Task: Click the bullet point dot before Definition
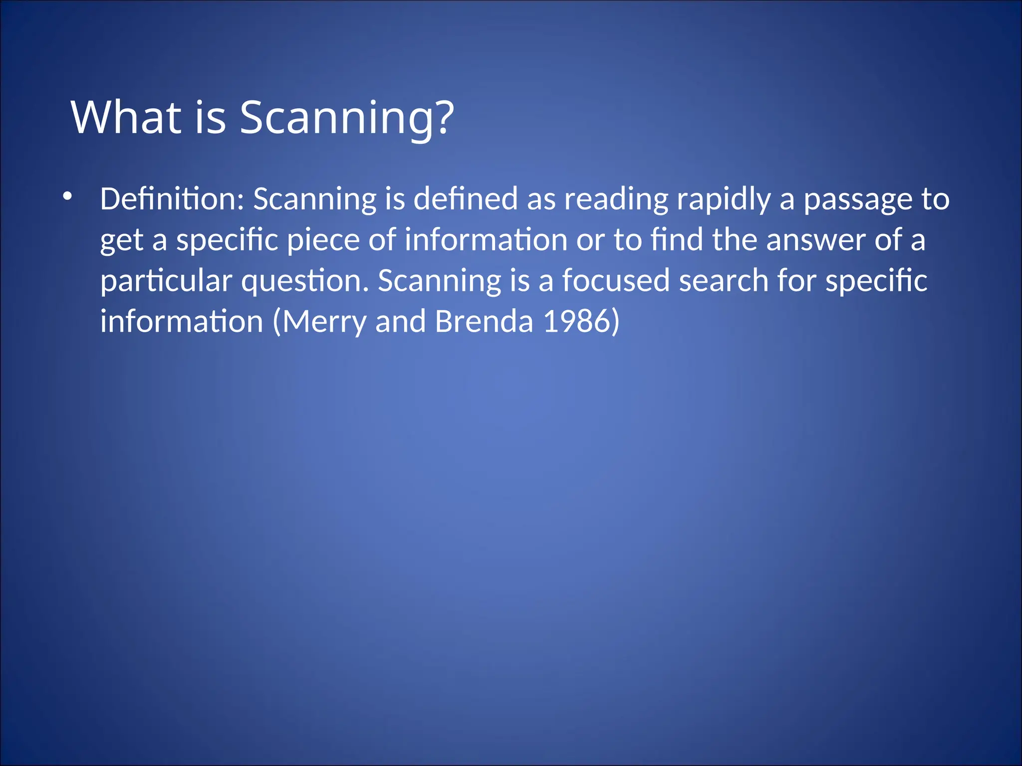tap(67, 196)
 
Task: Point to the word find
tap(676, 240)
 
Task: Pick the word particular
tap(166, 281)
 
